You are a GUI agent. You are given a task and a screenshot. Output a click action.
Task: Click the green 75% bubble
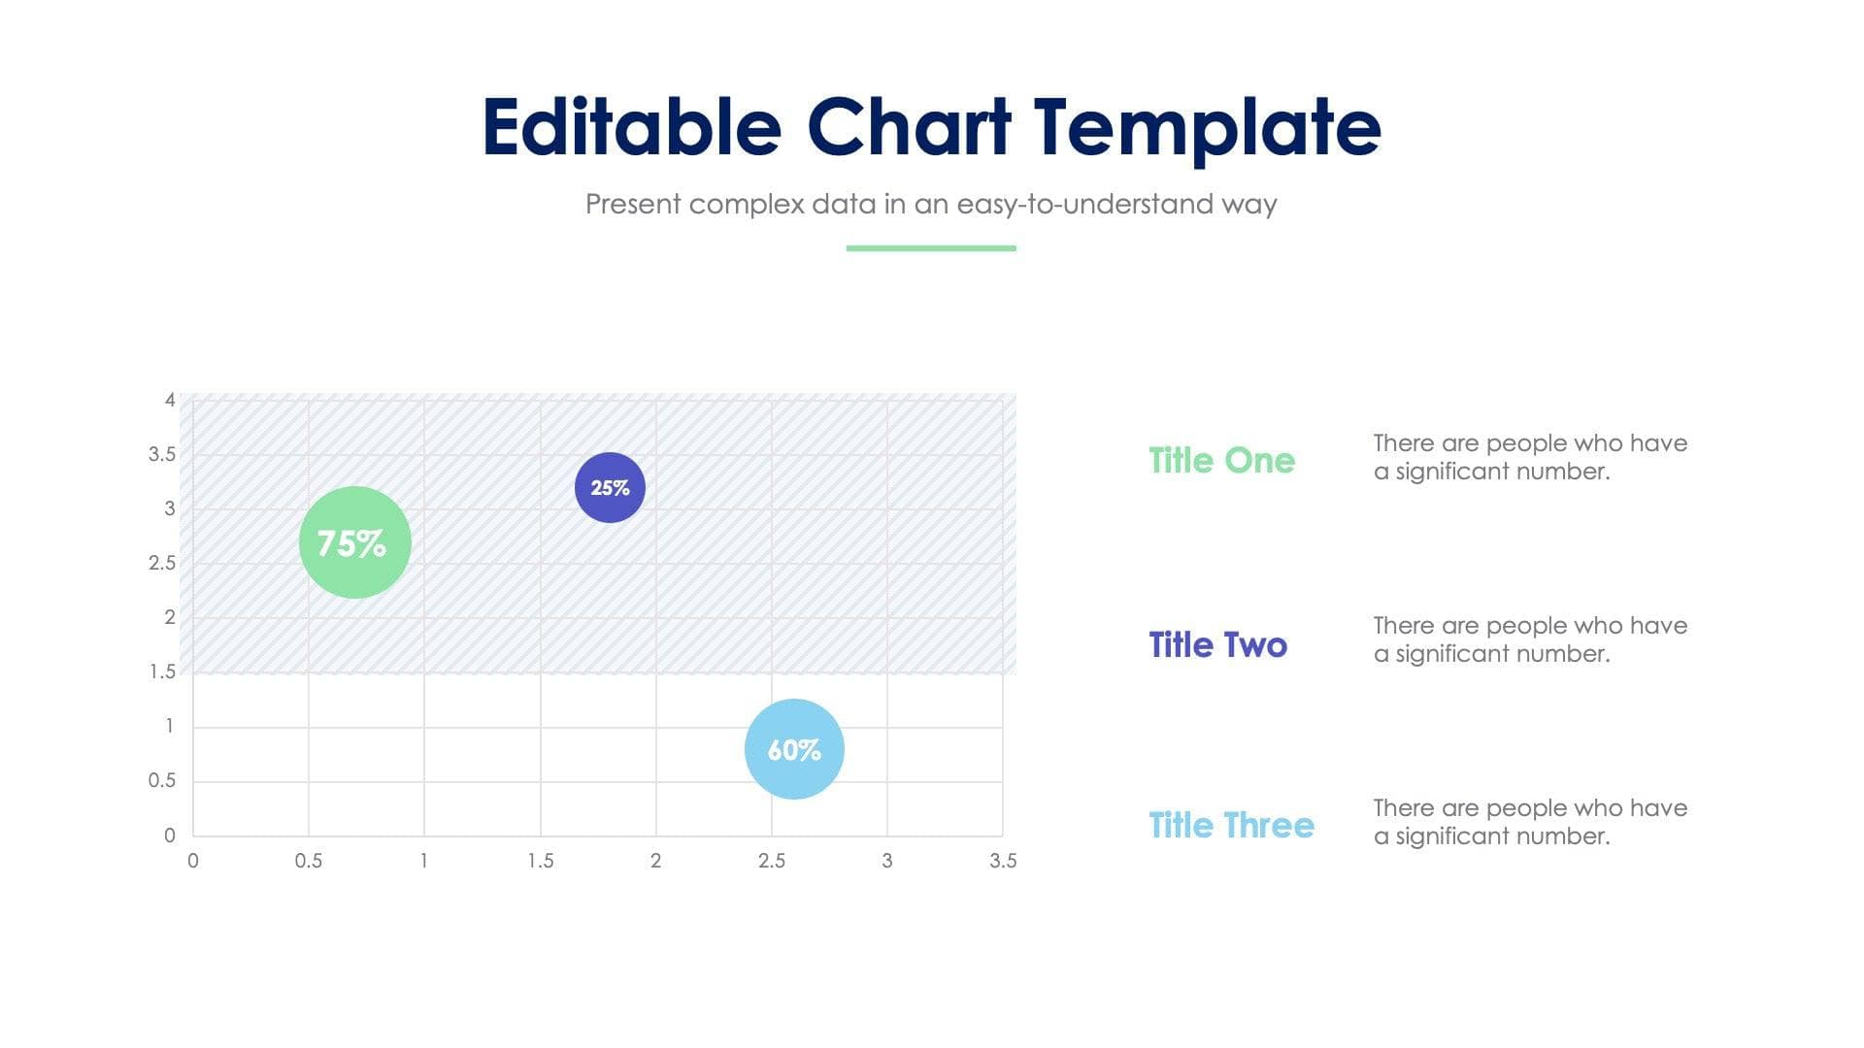[x=354, y=542]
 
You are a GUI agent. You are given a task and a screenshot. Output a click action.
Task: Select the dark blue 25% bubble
[x=610, y=487]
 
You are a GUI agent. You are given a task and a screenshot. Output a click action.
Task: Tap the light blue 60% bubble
[x=794, y=749]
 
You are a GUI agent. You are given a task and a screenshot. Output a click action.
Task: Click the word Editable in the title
[x=631, y=127]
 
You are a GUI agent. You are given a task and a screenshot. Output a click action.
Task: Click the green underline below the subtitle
[x=931, y=248]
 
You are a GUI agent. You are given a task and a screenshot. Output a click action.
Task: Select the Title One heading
[x=1221, y=460]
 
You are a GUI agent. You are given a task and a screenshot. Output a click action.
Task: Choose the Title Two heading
[x=1217, y=644]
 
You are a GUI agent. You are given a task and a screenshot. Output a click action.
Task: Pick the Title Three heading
[x=1231, y=825]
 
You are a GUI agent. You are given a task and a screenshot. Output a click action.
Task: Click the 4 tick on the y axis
[x=170, y=400]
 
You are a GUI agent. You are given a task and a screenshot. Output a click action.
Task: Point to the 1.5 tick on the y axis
[x=162, y=671]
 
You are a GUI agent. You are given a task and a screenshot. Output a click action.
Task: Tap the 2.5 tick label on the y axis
[x=162, y=563]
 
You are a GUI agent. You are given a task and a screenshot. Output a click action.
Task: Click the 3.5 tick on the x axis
[x=1003, y=861]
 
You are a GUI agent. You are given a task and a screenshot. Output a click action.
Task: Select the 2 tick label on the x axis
[x=655, y=861]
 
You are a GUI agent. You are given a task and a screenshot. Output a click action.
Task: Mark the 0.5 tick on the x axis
[x=309, y=861]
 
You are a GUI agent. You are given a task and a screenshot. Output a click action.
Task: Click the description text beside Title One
[x=1529, y=457]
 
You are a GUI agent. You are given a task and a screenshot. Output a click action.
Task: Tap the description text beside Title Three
[x=1529, y=822]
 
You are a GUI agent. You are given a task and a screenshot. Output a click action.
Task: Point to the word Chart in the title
[x=909, y=127]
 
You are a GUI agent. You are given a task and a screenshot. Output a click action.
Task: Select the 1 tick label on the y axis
[x=170, y=726]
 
